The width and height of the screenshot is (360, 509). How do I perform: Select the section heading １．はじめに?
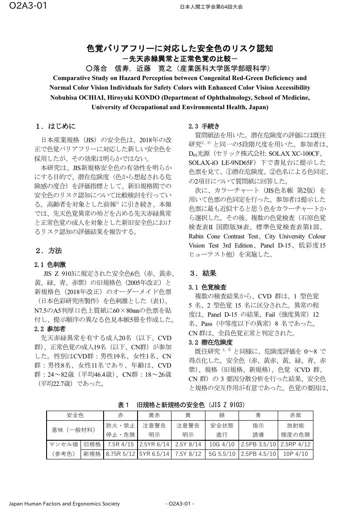[x=56, y=127]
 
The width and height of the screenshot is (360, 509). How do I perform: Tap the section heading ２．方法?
[x=49, y=251]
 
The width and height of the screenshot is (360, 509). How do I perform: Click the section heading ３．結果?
[x=203, y=273]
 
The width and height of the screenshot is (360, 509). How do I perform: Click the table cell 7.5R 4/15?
[x=121, y=445]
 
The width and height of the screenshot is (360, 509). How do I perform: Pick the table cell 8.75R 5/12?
[x=121, y=454]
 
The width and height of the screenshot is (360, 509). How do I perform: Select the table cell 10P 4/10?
[x=296, y=454]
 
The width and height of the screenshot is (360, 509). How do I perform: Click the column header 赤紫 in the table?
[x=296, y=415]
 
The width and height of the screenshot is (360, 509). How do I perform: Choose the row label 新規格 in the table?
[x=92, y=454]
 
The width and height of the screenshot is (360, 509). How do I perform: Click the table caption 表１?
[x=122, y=405]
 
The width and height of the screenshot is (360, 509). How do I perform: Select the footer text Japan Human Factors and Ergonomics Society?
[x=64, y=504]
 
